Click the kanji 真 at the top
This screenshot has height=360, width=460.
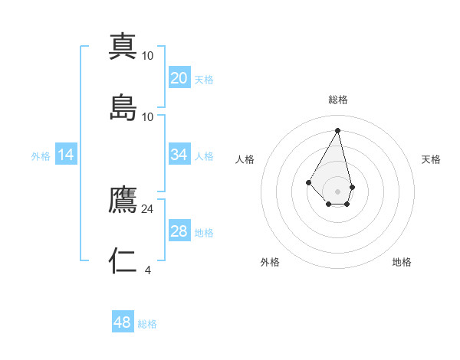[123, 47]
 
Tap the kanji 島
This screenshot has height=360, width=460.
[123, 107]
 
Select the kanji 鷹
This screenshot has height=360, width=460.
[123, 200]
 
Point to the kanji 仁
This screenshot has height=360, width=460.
[123, 260]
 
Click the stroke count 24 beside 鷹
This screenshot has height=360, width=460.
[148, 208]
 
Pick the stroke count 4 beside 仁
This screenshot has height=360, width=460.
[148, 270]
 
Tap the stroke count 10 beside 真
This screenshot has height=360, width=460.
[148, 55]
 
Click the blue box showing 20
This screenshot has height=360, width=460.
[179, 78]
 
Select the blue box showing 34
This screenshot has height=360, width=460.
[179, 155]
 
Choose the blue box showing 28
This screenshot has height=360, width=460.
[179, 231]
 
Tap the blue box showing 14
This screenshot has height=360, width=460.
[66, 155]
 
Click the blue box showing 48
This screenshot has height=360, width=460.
[123, 322]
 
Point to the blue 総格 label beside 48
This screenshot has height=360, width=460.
[147, 324]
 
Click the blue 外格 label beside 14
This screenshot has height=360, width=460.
[41, 156]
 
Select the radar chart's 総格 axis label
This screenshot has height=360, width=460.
[338, 100]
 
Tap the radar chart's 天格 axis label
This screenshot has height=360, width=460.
[431, 159]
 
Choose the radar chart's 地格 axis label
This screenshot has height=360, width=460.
[402, 262]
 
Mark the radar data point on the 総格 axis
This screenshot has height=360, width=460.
[338, 129]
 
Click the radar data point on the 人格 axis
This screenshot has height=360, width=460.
[308, 182]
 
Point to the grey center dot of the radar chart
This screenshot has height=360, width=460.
[338, 191]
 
